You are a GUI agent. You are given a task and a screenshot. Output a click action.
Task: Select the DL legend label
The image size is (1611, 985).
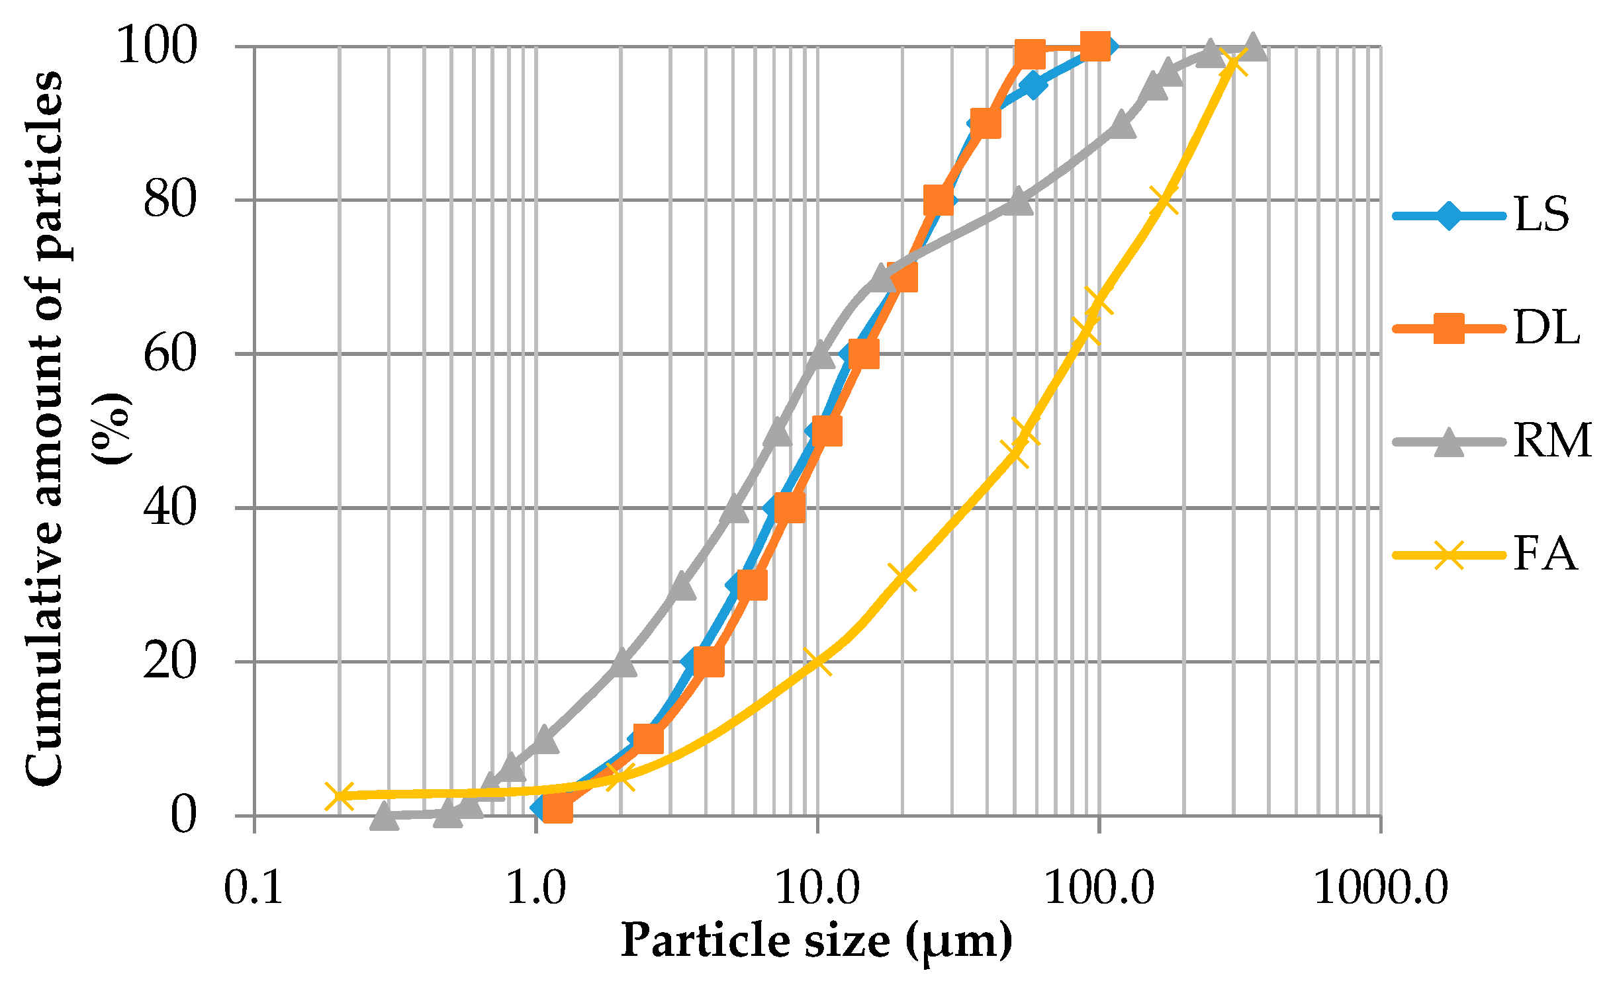tap(1546, 328)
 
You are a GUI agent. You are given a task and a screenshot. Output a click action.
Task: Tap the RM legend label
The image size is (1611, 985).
tap(1552, 441)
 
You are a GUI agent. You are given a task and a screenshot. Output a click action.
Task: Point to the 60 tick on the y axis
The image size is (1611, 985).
tap(170, 354)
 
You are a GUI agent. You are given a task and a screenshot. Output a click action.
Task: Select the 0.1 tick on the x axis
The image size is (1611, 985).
tap(254, 888)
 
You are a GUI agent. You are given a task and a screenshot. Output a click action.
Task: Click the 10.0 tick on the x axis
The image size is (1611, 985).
tap(817, 888)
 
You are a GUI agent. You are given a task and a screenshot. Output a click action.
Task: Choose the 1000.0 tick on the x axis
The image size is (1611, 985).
tap(1381, 888)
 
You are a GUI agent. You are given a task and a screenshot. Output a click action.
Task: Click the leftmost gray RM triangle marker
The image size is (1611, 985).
tap(385, 816)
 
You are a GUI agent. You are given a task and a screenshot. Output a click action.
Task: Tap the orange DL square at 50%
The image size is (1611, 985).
tap(827, 431)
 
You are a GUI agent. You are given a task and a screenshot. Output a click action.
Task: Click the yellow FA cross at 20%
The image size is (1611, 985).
tap(818, 662)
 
